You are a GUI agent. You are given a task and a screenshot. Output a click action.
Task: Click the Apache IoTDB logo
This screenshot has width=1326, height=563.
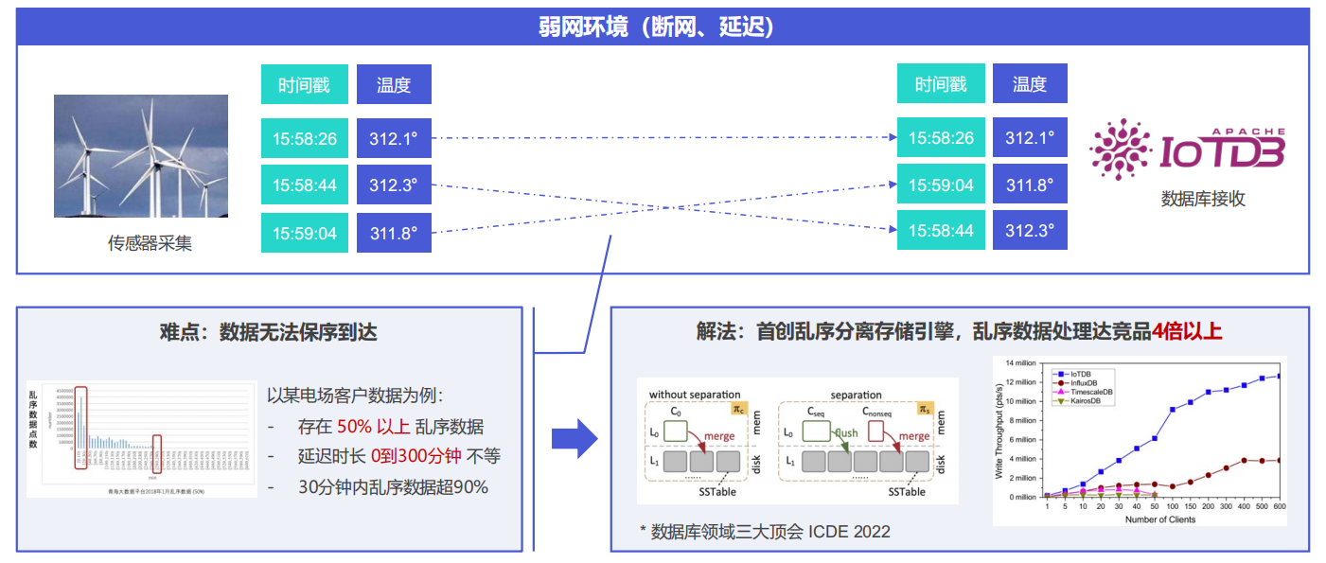(1188, 150)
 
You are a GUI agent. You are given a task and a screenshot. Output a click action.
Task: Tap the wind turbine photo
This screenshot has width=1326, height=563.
(141, 156)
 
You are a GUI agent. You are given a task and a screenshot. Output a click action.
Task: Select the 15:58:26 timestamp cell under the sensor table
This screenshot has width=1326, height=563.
(305, 139)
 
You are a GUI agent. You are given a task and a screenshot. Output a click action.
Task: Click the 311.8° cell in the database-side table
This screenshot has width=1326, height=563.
(1030, 185)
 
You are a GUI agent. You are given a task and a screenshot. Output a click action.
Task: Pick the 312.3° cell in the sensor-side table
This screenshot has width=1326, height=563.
(394, 185)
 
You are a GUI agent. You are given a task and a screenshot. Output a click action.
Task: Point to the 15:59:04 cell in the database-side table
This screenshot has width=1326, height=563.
(941, 185)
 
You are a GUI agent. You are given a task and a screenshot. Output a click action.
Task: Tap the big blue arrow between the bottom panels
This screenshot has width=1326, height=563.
(574, 438)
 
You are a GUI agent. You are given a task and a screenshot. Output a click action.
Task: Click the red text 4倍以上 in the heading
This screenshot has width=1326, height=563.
(1187, 331)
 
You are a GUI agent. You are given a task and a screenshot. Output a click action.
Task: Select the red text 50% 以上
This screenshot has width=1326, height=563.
(373, 427)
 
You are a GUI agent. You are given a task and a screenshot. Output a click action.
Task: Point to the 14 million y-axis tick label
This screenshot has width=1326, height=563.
(1022, 363)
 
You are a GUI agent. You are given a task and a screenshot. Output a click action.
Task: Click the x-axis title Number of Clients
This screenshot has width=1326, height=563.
(1159, 519)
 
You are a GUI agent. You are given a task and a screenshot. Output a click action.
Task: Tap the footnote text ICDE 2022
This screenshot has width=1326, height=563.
(849, 532)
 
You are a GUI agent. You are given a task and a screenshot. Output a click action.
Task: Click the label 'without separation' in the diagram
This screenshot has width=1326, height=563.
(695, 395)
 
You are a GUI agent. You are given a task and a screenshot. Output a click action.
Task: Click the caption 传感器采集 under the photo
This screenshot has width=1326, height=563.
(150, 243)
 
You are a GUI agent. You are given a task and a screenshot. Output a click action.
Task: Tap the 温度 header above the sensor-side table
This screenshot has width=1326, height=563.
(394, 84)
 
